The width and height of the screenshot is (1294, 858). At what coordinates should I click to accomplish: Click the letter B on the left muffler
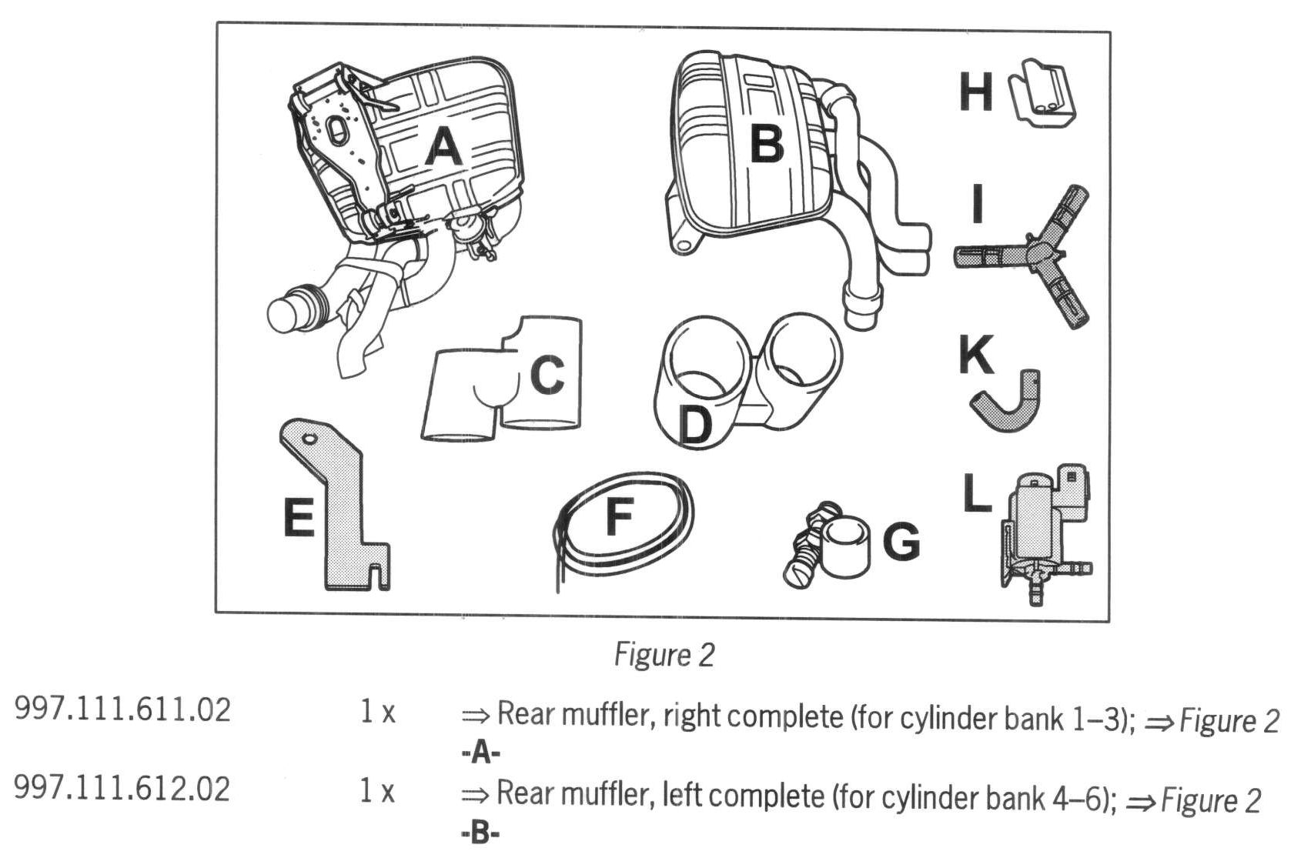pyautogui.click(x=766, y=143)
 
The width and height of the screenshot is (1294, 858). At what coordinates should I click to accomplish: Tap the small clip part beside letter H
pyautogui.click(x=1044, y=94)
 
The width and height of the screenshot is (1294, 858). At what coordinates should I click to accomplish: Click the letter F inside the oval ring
pyautogui.click(x=619, y=516)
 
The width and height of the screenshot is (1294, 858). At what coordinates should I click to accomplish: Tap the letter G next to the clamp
pyautogui.click(x=901, y=542)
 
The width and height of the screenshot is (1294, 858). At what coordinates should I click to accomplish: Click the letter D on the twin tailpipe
pyautogui.click(x=696, y=425)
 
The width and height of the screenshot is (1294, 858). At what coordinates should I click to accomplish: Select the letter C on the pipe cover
pyautogui.click(x=547, y=375)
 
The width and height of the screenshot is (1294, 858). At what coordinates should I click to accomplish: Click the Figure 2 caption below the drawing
pyautogui.click(x=664, y=655)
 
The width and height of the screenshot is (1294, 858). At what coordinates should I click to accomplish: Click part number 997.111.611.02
pyautogui.click(x=122, y=709)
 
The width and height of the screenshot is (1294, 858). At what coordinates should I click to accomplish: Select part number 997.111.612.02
pyautogui.click(x=122, y=789)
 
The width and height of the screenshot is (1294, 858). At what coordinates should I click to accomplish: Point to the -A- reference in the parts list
pyautogui.click(x=481, y=753)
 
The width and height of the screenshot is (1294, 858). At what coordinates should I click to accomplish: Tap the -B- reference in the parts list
pyautogui.click(x=480, y=833)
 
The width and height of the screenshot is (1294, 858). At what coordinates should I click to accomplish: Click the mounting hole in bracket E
pyautogui.click(x=309, y=439)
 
